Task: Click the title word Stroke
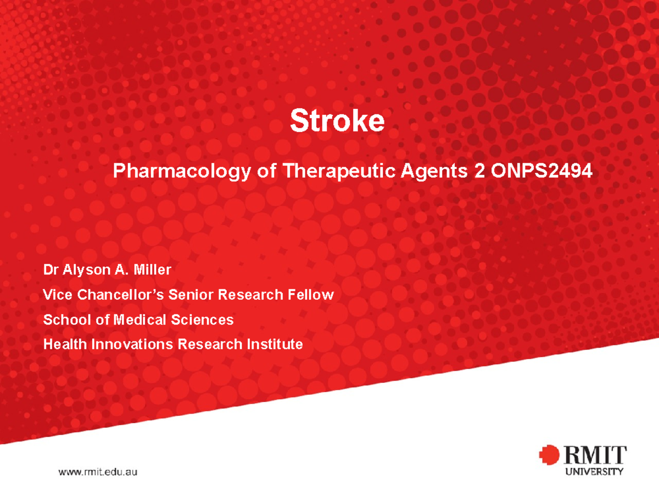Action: (x=337, y=121)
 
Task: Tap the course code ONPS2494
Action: (x=543, y=172)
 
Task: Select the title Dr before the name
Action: (x=50, y=270)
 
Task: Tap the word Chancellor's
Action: (x=121, y=295)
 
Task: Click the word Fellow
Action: (x=311, y=295)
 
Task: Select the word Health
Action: (x=64, y=344)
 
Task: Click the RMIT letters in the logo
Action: (x=594, y=455)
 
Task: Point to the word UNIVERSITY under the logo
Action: (x=594, y=471)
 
